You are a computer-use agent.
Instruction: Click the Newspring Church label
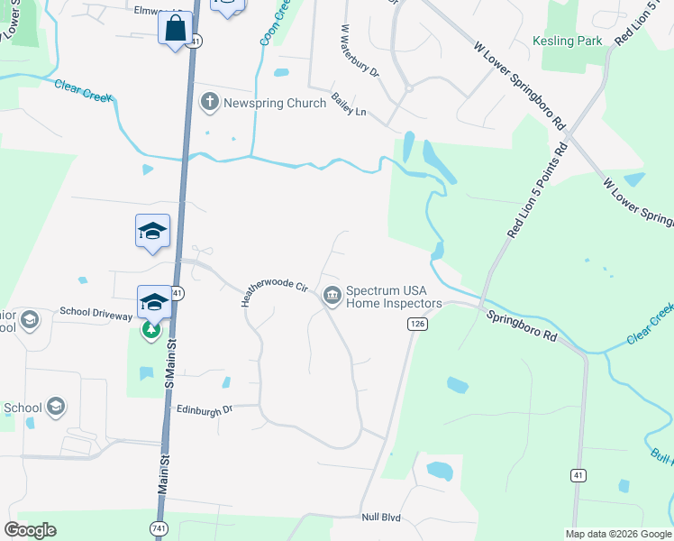275,103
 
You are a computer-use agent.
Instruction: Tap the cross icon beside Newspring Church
209,102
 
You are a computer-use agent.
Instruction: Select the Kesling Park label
567,41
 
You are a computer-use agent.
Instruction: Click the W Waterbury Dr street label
359,50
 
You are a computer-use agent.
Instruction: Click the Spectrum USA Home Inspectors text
394,297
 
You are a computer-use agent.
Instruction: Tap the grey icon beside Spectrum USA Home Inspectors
332,296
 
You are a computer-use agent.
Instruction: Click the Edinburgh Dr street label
205,408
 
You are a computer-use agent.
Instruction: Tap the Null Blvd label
380,518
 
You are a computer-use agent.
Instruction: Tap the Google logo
30,530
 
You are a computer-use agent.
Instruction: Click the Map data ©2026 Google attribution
618,534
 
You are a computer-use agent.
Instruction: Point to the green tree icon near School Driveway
151,331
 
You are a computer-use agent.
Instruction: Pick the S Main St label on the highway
167,361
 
